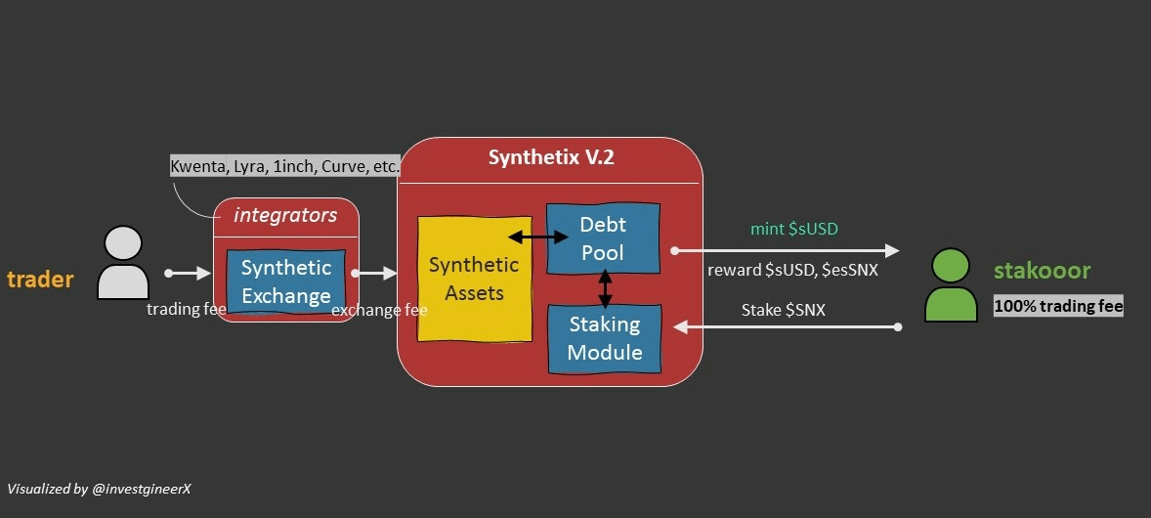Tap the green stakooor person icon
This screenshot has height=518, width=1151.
pyautogui.click(x=951, y=284)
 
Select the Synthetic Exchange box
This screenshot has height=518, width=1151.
pyautogui.click(x=286, y=281)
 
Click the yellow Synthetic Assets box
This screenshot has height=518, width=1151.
pyautogui.click(x=474, y=279)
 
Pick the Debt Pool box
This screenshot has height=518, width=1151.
pyautogui.click(x=603, y=239)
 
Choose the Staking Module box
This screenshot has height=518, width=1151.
pyautogui.click(x=605, y=338)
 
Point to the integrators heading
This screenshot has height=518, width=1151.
pyautogui.click(x=285, y=214)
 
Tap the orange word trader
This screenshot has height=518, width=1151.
pyautogui.click(x=40, y=280)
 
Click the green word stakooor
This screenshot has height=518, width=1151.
pyautogui.click(x=1042, y=271)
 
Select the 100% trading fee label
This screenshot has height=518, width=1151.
pyautogui.click(x=1058, y=306)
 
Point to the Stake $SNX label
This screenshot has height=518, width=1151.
pyautogui.click(x=783, y=310)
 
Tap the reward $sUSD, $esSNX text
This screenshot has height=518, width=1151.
pyautogui.click(x=792, y=270)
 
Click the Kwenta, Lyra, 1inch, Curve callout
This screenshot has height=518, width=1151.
pyautogui.click(x=284, y=166)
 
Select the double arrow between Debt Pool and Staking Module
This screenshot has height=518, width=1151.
pyautogui.click(x=605, y=288)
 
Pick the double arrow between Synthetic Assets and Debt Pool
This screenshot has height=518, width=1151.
pyautogui.click(x=538, y=237)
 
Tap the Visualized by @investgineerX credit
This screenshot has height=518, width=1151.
pyautogui.click(x=99, y=488)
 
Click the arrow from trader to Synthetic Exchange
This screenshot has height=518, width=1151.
pyautogui.click(x=188, y=274)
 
